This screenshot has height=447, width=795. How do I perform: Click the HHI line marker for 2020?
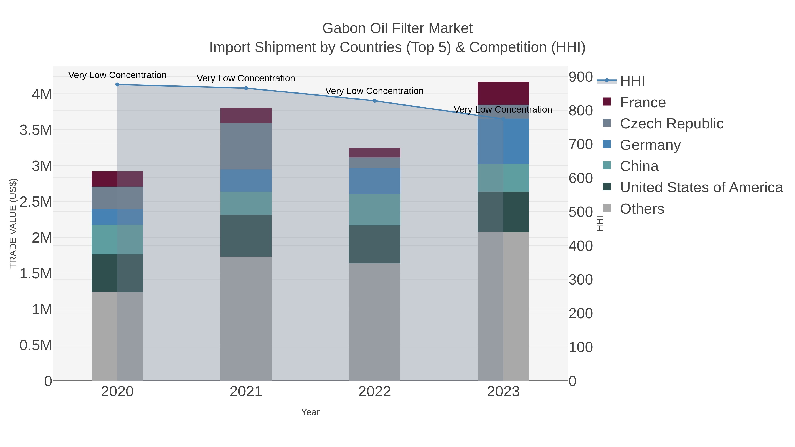[117, 85]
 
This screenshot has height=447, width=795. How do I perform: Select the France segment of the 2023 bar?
[503, 93]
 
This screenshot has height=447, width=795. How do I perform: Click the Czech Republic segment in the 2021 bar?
[246, 146]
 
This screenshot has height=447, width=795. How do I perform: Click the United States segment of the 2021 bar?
[246, 236]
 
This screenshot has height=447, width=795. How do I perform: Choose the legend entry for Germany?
[650, 145]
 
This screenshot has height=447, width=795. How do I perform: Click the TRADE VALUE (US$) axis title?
[13, 223]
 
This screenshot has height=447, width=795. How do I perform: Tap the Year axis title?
[310, 412]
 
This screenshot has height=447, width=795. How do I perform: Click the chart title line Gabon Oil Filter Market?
[397, 28]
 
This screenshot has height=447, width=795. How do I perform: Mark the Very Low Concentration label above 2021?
[246, 78]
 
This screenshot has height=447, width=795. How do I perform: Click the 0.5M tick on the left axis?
[36, 345]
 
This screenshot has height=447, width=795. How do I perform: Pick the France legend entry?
[643, 102]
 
